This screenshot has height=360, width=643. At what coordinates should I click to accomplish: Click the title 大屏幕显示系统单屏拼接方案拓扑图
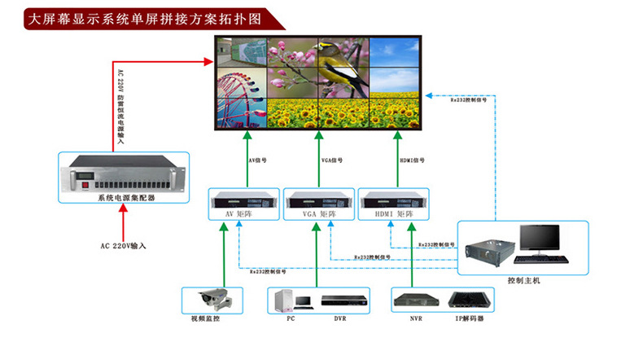pos(147,18)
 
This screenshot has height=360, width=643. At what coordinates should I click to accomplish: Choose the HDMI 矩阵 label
pos(394,213)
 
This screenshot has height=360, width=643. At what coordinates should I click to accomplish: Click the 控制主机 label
pos(523,280)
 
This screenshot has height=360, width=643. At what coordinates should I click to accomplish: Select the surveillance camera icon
pos(212,298)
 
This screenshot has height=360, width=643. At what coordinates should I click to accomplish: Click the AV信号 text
pos(258,160)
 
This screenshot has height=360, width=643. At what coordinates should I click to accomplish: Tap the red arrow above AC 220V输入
pos(124,220)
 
